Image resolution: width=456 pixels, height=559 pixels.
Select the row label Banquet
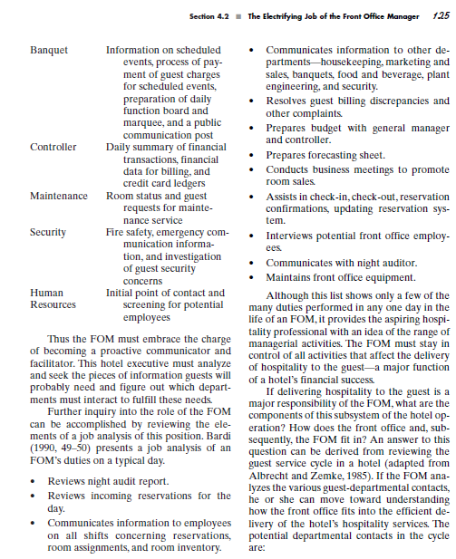click(49, 49)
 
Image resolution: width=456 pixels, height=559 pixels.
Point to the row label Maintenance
click(58, 195)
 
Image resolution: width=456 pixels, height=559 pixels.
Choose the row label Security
click(48, 232)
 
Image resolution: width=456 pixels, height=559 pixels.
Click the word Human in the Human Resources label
click(46, 293)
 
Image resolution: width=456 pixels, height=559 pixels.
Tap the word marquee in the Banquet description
click(129, 122)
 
